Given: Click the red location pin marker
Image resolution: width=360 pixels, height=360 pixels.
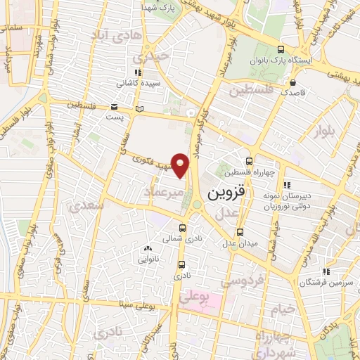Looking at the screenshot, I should tap(181, 165).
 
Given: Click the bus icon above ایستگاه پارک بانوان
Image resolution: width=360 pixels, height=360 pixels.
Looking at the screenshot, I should tap(281, 49).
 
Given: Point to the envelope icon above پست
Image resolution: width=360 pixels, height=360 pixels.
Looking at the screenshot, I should tap(114, 106).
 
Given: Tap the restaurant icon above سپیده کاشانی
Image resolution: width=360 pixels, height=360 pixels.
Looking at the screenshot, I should tap(138, 72).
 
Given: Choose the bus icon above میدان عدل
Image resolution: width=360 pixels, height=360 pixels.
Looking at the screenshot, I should tap(240, 231).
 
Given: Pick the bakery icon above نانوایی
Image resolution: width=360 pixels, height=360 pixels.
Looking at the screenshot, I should tap(147, 247).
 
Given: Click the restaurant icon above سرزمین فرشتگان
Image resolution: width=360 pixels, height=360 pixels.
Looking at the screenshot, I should tap(326, 271).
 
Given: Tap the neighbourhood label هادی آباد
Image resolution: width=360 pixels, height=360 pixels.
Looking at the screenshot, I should tap(119, 33).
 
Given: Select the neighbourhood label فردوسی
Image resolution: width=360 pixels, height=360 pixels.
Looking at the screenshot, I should tap(243, 280).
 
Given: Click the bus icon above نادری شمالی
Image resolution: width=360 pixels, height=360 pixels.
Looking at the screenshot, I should tap(182, 228).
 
